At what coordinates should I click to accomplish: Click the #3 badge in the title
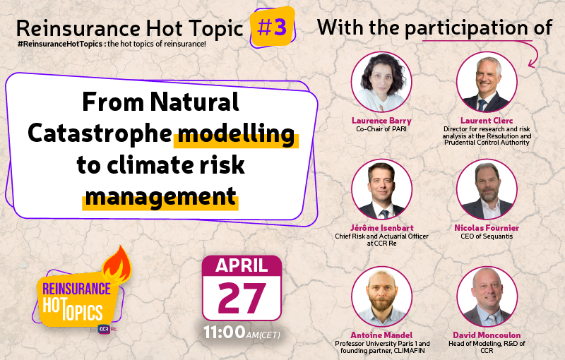272,28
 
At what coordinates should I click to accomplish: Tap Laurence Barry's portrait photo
381,82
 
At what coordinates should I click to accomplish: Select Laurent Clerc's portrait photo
487,82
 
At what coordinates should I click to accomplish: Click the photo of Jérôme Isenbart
381,189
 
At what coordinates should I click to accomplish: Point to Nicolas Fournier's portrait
487,189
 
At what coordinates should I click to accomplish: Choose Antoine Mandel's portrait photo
381,296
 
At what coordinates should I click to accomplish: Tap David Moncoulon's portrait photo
487,296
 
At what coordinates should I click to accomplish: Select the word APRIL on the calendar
242,265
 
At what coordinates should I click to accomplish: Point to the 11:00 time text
224,331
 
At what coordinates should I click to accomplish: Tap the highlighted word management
160,196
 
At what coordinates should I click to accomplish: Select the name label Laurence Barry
381,121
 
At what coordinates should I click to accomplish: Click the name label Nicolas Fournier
487,228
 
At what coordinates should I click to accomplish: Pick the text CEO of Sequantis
487,236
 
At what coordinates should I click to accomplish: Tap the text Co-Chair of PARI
381,129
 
